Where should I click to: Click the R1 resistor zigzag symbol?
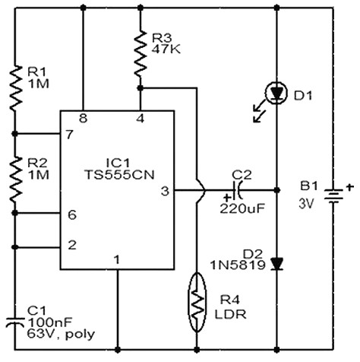point(15,87)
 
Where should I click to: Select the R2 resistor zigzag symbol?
point(15,179)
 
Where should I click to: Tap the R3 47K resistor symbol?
point(141,54)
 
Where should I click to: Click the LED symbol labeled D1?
point(276,94)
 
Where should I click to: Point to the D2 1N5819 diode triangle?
point(276,264)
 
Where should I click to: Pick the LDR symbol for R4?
point(197,303)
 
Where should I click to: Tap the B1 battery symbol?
point(333,196)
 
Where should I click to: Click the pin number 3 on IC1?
point(165,191)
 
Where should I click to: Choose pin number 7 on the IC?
point(70,135)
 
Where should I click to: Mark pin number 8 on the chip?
point(83,118)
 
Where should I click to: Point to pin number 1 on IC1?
point(117,259)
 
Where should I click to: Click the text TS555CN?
point(119,175)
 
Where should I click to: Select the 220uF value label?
point(242,208)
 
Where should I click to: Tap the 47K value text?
point(166,49)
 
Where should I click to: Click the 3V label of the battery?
point(306,203)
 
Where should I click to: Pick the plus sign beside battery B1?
point(350,187)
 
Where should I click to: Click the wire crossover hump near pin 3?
point(202,190)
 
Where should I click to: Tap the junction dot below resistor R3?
point(141,88)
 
